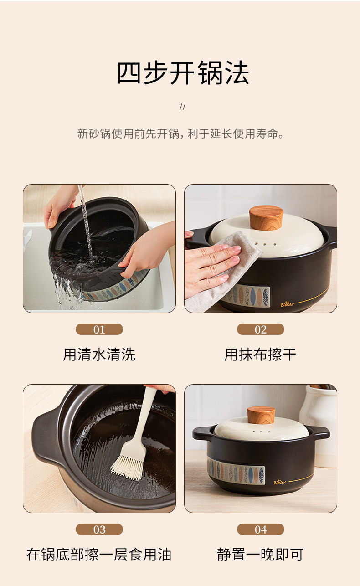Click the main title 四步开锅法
[182, 73]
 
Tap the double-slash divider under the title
[182, 106]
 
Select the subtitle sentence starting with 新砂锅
[180, 134]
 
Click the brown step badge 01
[99, 329]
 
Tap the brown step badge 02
[261, 329]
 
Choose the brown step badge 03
[99, 529]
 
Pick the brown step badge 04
[261, 529]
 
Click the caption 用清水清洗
[99, 355]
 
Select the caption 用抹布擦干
[260, 355]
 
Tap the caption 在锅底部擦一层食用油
[99, 555]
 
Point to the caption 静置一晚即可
[260, 555]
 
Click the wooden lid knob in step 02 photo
[266, 218]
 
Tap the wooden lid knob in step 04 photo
[261, 415]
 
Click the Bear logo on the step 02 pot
[288, 304]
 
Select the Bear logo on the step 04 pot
[280, 482]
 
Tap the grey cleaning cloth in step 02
[222, 272]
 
